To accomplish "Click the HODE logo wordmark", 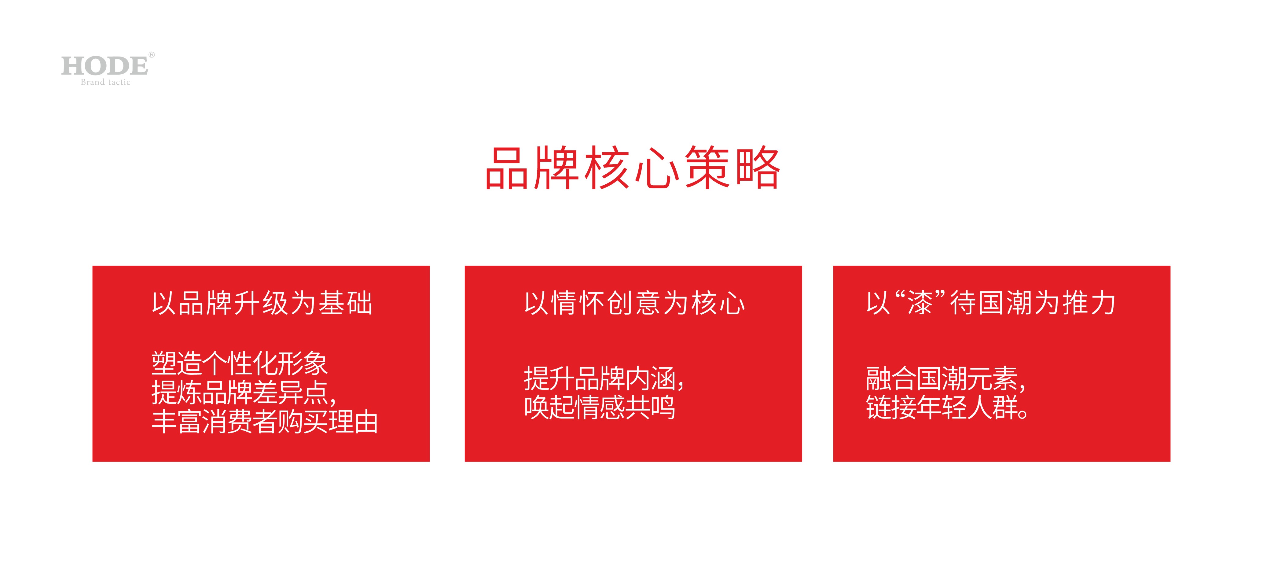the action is (105, 66).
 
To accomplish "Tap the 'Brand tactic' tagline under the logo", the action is (105, 83).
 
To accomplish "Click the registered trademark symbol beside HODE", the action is (152, 54).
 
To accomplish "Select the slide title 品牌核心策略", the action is (633, 168).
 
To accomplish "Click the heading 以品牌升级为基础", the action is (262, 303).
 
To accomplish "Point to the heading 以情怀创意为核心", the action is (634, 303).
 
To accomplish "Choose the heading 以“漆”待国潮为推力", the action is (991, 303).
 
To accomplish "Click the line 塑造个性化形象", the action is (239, 363).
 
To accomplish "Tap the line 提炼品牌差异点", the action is (244, 393).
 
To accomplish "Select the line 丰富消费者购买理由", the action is (265, 422).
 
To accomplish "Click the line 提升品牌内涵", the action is (604, 378).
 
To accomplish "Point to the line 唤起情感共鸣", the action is (600, 407).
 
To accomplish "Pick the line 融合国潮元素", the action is (946, 378).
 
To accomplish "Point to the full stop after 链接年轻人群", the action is (1023, 414).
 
